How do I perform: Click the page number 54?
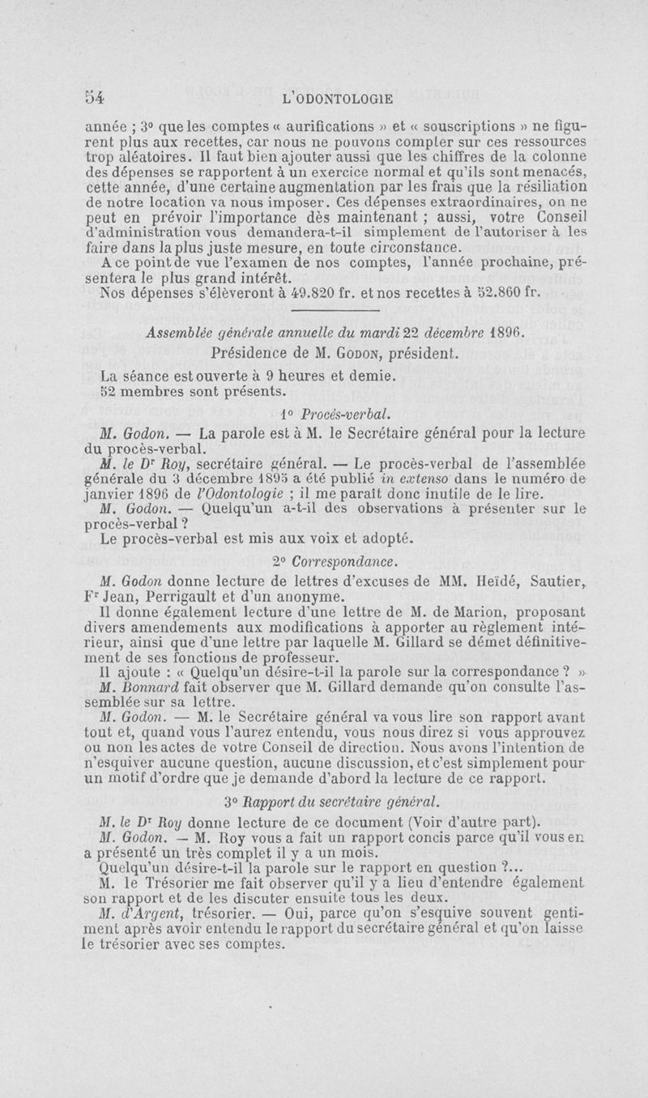[96, 98]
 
